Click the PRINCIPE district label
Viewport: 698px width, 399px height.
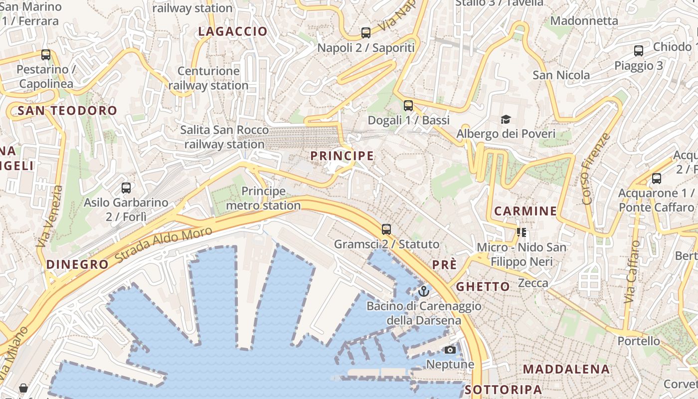342,156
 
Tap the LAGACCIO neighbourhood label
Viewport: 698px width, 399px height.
233,31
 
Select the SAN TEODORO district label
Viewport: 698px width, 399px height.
67,111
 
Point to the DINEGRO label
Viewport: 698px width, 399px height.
77,264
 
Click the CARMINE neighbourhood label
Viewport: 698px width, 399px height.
525,211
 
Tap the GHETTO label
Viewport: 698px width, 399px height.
483,286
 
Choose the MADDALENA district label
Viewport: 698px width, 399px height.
566,369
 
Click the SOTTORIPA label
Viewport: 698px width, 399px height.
503,390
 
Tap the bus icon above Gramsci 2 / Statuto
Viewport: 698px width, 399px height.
386,229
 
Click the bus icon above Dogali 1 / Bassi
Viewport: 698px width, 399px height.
408,105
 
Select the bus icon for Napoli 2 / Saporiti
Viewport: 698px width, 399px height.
366,33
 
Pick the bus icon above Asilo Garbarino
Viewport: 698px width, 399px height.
126,188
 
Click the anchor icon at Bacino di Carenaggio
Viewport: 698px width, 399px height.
424,291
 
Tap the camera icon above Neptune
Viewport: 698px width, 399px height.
450,350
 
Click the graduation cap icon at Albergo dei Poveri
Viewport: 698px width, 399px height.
506,119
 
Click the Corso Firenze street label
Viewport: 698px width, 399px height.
595,169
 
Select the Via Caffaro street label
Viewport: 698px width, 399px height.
632,272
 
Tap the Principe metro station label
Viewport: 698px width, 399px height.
263,198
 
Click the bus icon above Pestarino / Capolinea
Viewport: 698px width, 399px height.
46,54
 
